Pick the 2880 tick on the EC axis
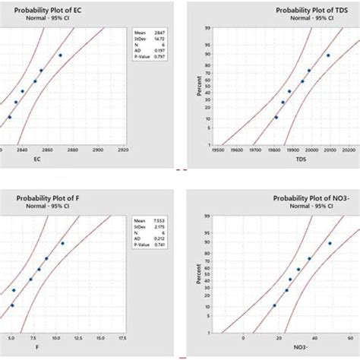(73, 150)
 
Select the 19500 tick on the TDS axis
(217, 150)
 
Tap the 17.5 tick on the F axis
(122, 336)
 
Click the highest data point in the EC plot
(61, 55)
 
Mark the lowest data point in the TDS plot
(276, 118)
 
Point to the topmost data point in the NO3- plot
(330, 243)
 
